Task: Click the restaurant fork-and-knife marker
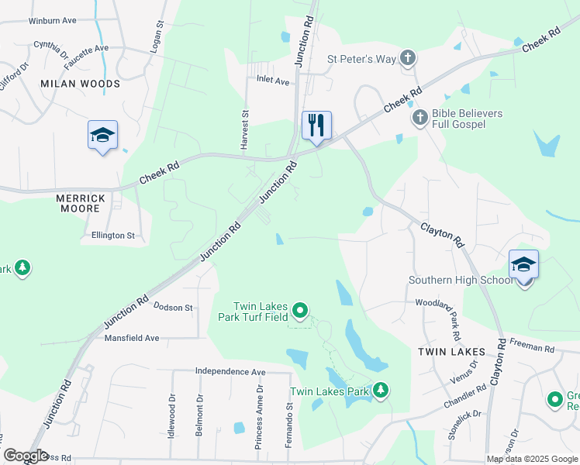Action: pyautogui.click(x=316, y=126)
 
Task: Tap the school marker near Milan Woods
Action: pyautogui.click(x=102, y=135)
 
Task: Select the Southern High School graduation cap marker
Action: pyautogui.click(x=523, y=265)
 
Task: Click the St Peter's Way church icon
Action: pyautogui.click(x=408, y=58)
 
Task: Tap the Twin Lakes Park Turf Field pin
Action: pyautogui.click(x=300, y=312)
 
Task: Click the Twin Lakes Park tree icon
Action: pyautogui.click(x=380, y=391)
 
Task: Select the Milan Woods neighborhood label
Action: pyautogui.click(x=80, y=84)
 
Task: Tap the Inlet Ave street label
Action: pyautogui.click(x=273, y=81)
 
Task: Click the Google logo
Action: pyautogui.click(x=25, y=455)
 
